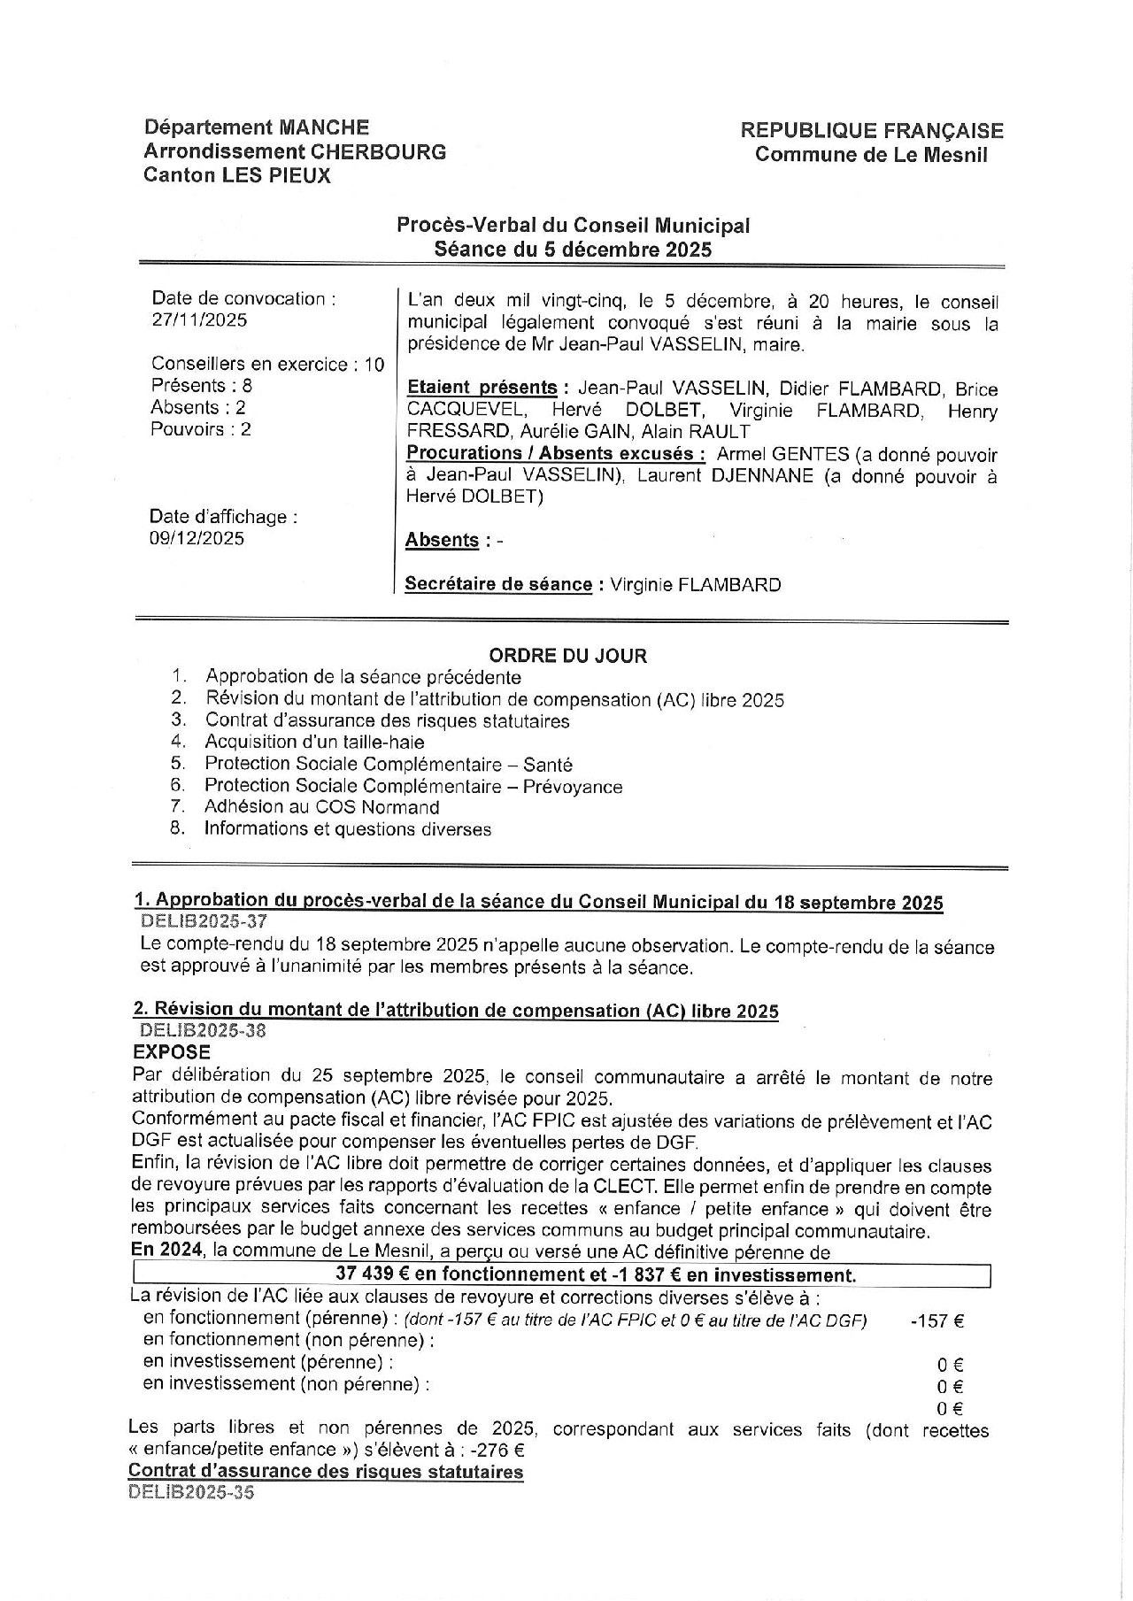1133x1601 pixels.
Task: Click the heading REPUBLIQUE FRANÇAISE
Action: (x=872, y=131)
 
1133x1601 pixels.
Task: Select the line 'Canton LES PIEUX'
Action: (x=236, y=175)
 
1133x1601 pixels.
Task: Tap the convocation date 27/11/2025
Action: (x=199, y=320)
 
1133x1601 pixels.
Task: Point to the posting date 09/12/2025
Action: (x=197, y=538)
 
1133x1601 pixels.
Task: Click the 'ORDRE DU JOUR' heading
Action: (x=567, y=656)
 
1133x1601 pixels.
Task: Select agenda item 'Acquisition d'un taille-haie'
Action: (x=314, y=742)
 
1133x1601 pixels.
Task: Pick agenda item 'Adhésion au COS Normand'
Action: (x=321, y=807)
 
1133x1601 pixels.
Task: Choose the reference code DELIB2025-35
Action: (x=191, y=1491)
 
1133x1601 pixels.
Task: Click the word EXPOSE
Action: (x=172, y=1052)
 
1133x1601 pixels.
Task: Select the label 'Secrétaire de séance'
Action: (x=498, y=584)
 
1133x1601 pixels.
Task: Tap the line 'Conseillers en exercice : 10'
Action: (x=267, y=364)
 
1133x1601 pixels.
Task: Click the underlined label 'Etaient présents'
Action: (x=482, y=389)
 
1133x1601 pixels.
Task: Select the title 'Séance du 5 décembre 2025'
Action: (x=573, y=250)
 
